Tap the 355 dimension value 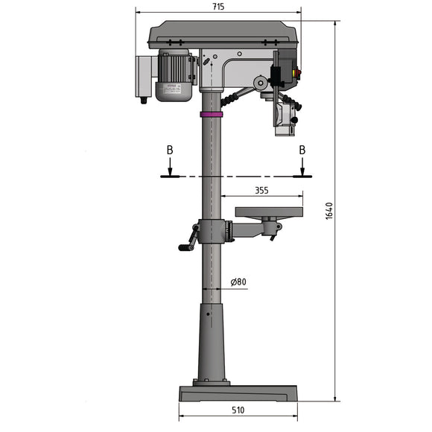tap(261, 190)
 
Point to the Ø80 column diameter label tap(238, 282)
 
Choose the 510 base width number tap(238, 410)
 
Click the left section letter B tap(170, 150)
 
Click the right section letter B tap(302, 150)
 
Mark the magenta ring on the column tap(212, 115)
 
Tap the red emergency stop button tap(299, 73)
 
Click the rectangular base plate tap(238, 393)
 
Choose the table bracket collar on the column tap(212, 232)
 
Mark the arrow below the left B tap(170, 168)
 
